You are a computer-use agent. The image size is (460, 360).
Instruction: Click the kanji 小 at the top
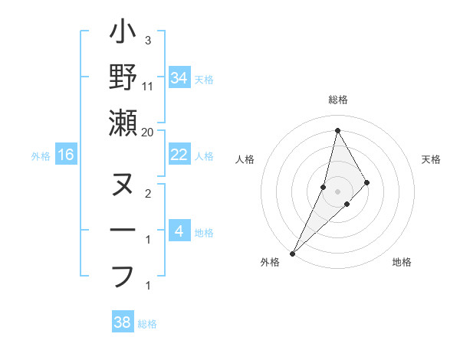pyautogui.click(x=123, y=34)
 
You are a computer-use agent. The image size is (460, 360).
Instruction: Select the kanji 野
pyautogui.click(x=123, y=77)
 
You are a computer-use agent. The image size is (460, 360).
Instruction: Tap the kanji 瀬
pyautogui.click(x=123, y=123)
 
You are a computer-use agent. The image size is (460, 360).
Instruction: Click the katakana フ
pyautogui.click(x=123, y=274)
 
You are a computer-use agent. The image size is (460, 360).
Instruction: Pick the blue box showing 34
pyautogui.click(x=179, y=78)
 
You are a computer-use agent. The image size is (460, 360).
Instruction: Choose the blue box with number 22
pyautogui.click(x=179, y=155)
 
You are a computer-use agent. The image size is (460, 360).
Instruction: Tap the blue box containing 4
pyautogui.click(x=179, y=231)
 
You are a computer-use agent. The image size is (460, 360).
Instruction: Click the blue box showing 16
pyautogui.click(x=66, y=155)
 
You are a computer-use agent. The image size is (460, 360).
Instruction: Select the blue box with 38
pyautogui.click(x=123, y=322)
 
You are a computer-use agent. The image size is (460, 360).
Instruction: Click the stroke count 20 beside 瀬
pyautogui.click(x=148, y=133)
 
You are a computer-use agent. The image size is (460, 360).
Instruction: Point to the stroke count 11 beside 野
pyautogui.click(x=148, y=87)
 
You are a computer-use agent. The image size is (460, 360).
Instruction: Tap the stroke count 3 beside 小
pyautogui.click(x=148, y=40)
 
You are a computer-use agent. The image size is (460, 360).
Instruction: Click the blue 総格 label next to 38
pyautogui.click(x=147, y=324)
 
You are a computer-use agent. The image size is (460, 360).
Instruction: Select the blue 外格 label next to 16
pyautogui.click(x=41, y=156)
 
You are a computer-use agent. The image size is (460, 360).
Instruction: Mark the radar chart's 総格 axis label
pyautogui.click(x=337, y=100)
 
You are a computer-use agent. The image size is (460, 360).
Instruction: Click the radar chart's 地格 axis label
pyautogui.click(x=402, y=263)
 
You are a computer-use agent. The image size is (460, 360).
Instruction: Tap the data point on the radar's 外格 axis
pyautogui.click(x=292, y=253)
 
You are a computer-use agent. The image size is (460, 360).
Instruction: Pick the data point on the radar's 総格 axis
pyautogui.click(x=337, y=130)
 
